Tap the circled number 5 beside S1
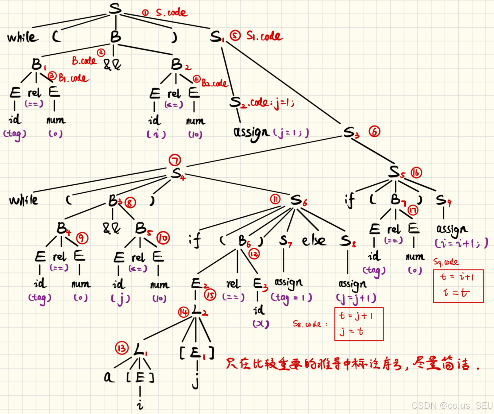[235, 36]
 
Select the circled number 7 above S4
[175, 160]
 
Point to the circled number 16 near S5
[416, 173]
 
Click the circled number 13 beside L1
[122, 348]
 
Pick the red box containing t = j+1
[359, 324]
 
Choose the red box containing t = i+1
[458, 286]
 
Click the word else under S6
[314, 241]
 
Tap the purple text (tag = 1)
[291, 297]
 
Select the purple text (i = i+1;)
[461, 243]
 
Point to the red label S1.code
[264, 36]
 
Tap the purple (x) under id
[261, 324]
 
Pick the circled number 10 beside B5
[163, 238]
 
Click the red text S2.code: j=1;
[262, 103]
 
